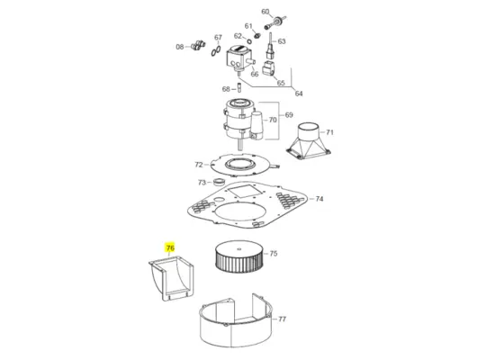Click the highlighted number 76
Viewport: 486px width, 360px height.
169,247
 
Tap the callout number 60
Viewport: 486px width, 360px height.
265,12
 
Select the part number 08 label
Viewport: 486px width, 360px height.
179,47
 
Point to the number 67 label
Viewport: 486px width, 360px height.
218,38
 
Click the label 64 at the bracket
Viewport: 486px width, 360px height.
299,94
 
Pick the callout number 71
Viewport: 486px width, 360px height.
329,132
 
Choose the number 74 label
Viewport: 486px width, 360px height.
319,199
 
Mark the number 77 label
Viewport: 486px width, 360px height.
282,319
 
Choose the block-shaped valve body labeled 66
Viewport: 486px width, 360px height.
238,61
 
